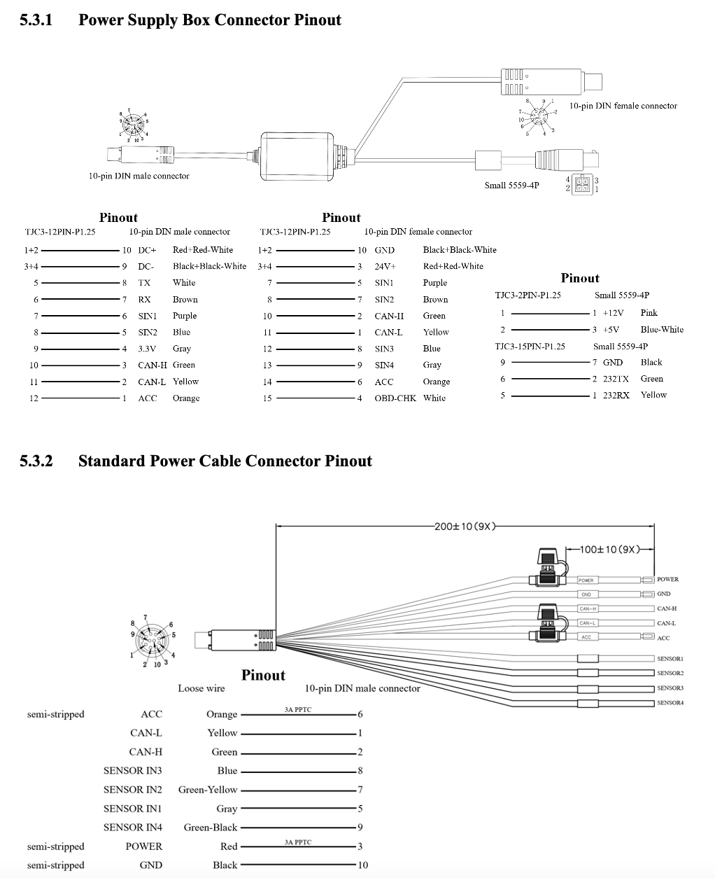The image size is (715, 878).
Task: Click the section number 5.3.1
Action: (x=36, y=20)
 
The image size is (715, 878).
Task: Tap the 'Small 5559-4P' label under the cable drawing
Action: (x=511, y=186)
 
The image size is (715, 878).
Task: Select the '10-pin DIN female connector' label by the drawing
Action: (x=623, y=106)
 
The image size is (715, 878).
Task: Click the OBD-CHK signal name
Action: (x=395, y=398)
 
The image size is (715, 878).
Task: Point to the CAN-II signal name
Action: (x=389, y=316)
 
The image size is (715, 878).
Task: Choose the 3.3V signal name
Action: (x=148, y=349)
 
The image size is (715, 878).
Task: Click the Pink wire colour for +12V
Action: (x=649, y=313)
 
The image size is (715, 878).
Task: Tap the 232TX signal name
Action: (x=616, y=379)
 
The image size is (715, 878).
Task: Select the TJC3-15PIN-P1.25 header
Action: (x=530, y=347)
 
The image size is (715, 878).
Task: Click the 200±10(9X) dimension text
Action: (x=465, y=527)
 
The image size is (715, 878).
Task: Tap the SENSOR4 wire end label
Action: (x=670, y=702)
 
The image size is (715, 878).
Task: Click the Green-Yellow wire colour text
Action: (x=208, y=790)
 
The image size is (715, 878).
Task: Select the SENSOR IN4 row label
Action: (x=132, y=828)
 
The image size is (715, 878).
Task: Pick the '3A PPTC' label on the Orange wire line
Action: (x=298, y=710)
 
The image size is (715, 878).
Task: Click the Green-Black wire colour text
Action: (x=211, y=828)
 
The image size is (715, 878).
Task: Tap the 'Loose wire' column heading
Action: (x=201, y=688)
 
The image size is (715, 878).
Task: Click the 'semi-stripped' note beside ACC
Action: (x=55, y=714)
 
